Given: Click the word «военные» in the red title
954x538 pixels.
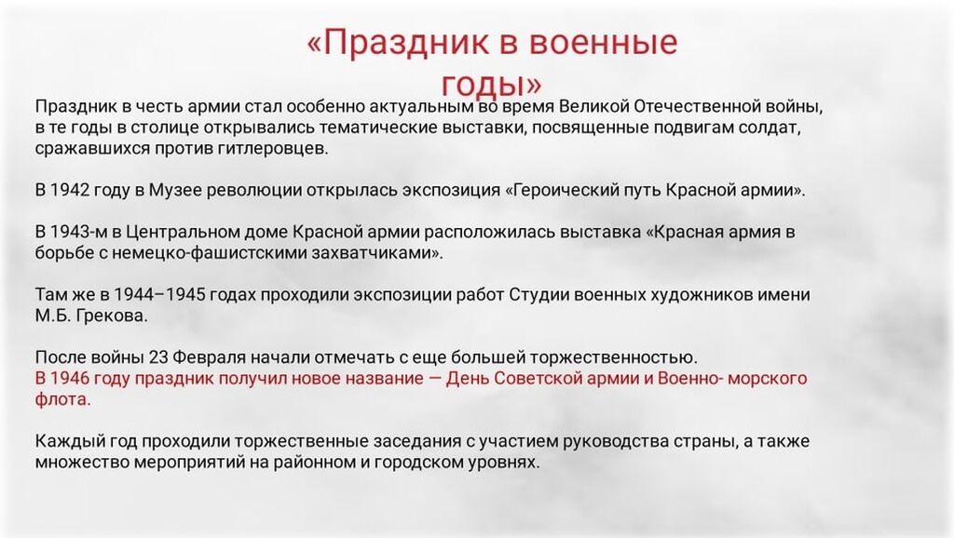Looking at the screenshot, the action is [x=603, y=43].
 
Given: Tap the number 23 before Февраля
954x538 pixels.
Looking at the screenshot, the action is [x=158, y=356].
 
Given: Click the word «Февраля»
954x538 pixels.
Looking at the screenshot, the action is [x=210, y=357].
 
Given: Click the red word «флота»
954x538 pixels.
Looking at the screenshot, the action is [x=62, y=399].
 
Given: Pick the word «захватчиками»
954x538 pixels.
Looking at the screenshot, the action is [x=377, y=253].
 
